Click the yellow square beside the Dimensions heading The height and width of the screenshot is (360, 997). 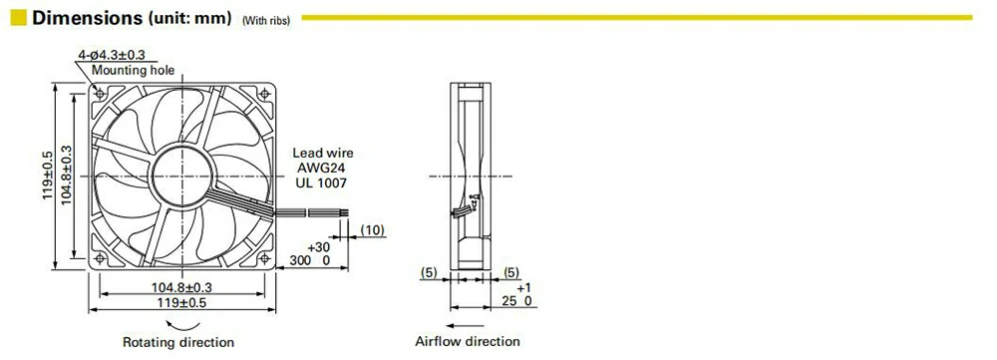point(18,17)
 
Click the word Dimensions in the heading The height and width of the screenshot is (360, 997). point(87,17)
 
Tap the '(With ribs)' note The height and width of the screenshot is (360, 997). point(266,20)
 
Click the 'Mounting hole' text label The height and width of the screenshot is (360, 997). point(133,70)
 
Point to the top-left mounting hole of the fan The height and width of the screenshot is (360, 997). point(99,93)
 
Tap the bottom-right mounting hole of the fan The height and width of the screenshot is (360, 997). point(265,258)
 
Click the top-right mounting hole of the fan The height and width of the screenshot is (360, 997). point(265,93)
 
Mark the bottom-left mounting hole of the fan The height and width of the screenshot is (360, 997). point(99,258)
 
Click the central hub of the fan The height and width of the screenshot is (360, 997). point(182,176)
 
